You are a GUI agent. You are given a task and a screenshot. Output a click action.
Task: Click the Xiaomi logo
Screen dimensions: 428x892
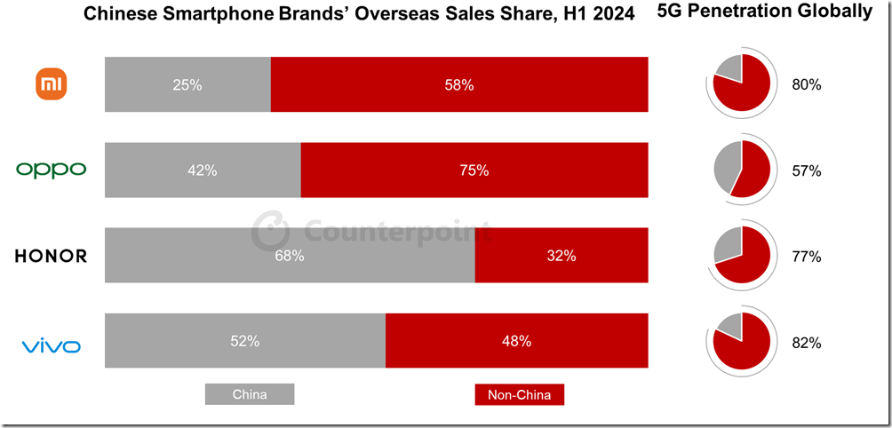(x=51, y=85)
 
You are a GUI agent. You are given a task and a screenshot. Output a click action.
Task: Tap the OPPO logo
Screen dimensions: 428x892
(x=51, y=170)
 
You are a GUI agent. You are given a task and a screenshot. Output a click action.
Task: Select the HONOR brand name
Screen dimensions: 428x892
(x=51, y=257)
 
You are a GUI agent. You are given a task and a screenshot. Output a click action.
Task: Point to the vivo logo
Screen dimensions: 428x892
(x=51, y=345)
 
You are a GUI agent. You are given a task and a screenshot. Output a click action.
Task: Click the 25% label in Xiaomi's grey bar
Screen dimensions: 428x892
(x=187, y=85)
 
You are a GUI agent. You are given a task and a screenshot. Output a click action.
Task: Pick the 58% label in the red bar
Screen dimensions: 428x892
(x=459, y=85)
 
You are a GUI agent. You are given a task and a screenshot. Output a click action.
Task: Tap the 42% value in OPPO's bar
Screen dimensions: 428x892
(x=203, y=170)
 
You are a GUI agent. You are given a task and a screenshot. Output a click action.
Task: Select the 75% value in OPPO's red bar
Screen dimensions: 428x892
(x=474, y=170)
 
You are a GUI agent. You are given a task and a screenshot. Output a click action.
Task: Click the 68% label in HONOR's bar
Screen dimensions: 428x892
(x=290, y=256)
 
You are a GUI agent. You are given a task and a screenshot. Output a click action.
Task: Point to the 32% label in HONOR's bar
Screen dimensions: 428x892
(x=561, y=256)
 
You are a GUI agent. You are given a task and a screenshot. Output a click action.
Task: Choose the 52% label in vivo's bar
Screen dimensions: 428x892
(x=245, y=341)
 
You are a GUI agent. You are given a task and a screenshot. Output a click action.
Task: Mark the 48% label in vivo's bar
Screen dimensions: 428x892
(x=517, y=341)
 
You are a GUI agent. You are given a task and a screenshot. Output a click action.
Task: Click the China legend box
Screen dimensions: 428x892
(x=250, y=394)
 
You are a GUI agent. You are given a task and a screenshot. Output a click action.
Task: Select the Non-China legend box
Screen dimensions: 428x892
(x=520, y=394)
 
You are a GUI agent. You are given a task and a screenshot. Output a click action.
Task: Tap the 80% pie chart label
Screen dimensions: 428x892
(x=807, y=85)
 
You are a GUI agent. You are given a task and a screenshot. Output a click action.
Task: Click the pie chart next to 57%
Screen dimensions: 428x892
(x=742, y=169)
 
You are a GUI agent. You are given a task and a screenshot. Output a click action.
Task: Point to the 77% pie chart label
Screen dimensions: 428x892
(x=807, y=257)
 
